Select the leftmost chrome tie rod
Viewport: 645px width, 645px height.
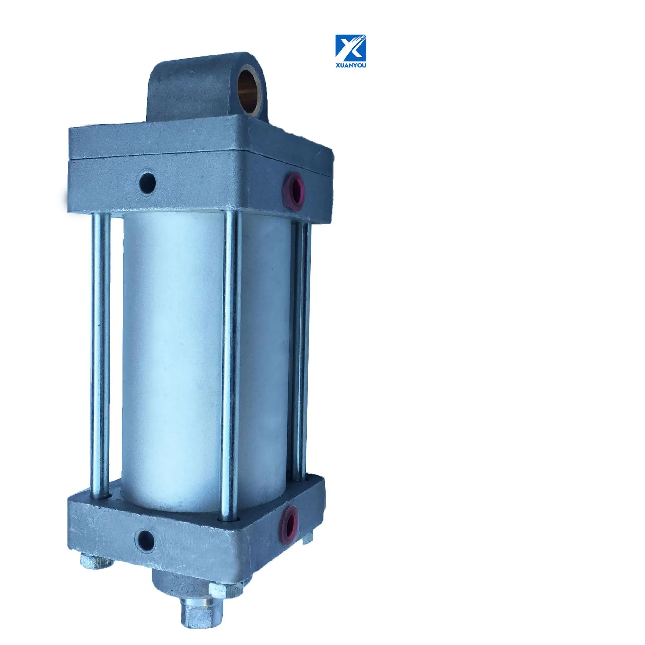[x=100, y=361]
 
